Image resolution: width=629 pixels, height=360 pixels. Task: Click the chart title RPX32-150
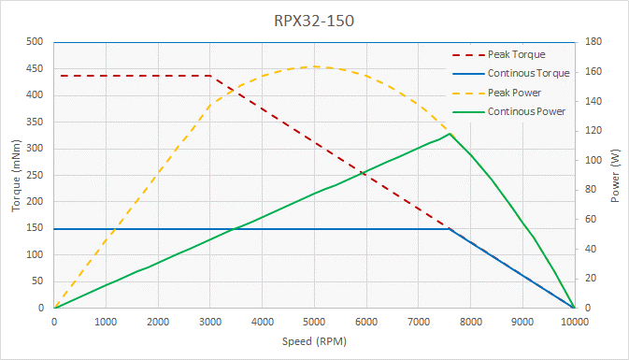tap(314, 20)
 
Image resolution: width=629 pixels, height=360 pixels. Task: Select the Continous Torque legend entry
tap(528, 73)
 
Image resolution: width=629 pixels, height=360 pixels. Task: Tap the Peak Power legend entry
tap(514, 93)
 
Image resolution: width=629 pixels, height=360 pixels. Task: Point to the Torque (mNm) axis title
tap(16, 175)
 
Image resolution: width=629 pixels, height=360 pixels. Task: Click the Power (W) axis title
tap(615, 175)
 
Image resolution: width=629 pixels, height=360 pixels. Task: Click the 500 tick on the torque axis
tap(36, 42)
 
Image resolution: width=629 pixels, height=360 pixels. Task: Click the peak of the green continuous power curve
tap(450, 134)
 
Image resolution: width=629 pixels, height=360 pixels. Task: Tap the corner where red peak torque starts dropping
tap(210, 76)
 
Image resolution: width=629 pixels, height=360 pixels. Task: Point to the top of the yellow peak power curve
tap(315, 66)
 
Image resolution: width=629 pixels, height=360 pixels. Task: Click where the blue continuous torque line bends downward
tap(450, 229)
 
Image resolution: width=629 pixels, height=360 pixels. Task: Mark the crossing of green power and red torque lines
tap(364, 173)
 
